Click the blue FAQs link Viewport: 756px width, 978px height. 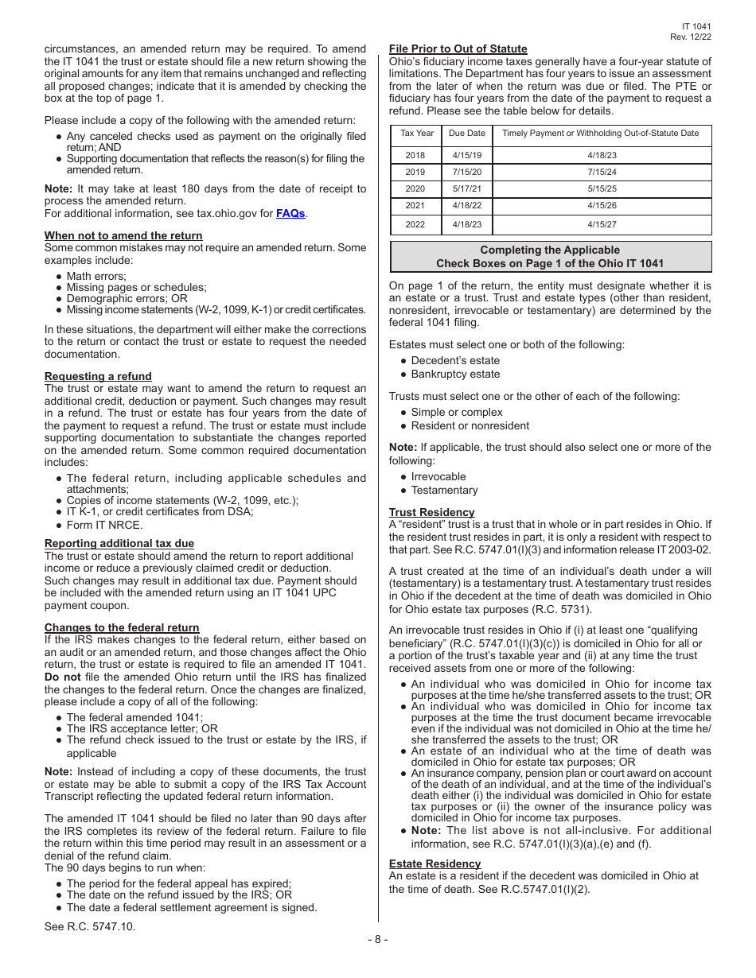coord(290,213)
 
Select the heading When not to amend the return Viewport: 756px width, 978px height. coord(123,235)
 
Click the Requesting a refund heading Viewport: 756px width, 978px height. coord(98,376)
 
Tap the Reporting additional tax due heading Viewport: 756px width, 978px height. coord(119,544)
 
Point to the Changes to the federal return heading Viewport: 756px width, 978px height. coord(122,627)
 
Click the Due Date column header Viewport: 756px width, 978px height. coord(466,134)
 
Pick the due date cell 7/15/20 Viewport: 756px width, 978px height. coord(466,172)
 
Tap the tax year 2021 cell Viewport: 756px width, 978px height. coord(415,205)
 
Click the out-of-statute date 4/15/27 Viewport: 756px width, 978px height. coord(602,225)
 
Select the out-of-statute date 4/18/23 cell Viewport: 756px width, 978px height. coord(602,156)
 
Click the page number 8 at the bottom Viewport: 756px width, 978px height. coord(378,940)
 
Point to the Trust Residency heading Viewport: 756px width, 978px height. coord(431,512)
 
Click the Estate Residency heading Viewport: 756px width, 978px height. coord(435,864)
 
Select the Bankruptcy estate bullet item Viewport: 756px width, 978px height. coord(455,374)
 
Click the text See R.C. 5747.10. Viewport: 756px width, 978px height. coord(90,926)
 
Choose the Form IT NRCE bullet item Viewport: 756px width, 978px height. coord(104,525)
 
